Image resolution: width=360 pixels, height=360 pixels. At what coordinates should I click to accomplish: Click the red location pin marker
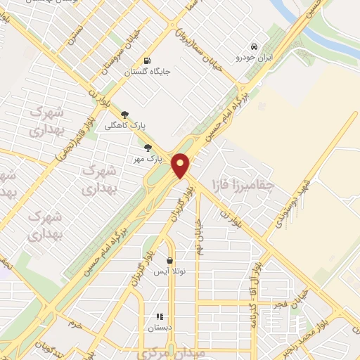click(182, 165)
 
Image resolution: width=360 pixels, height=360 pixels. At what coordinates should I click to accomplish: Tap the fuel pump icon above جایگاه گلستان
click(147, 60)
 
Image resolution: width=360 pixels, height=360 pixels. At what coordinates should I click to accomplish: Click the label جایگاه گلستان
click(148, 71)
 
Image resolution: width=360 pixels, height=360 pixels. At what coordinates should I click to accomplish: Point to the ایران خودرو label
click(253, 58)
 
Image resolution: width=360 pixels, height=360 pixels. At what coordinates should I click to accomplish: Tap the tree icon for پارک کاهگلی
click(125, 114)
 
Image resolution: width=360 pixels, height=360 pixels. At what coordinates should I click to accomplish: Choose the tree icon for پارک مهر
click(148, 147)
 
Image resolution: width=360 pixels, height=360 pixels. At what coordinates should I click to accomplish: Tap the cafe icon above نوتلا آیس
click(169, 260)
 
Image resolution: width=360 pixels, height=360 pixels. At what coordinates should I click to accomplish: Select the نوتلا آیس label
click(170, 271)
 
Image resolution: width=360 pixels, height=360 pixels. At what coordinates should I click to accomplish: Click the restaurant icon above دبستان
click(160, 316)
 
